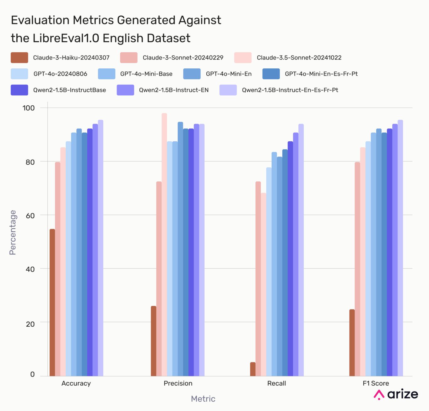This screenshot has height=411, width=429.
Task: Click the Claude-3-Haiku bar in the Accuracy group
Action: (x=52, y=302)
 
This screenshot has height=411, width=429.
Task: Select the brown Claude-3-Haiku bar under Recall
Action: (x=253, y=369)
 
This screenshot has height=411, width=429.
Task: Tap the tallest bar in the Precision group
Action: (x=164, y=245)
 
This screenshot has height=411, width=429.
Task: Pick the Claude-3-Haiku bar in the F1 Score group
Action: (x=352, y=342)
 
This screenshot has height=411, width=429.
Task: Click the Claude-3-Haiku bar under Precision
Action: (x=154, y=341)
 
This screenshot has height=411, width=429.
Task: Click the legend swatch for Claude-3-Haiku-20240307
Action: (x=19, y=58)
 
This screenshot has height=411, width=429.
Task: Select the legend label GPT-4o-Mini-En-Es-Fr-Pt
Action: (x=321, y=74)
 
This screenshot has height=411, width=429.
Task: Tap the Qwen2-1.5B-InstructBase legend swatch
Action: (x=19, y=90)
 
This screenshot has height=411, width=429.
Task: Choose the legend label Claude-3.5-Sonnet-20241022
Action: (x=299, y=58)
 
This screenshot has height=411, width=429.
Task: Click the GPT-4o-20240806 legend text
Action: (x=60, y=74)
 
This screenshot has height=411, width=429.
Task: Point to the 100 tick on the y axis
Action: (x=29, y=108)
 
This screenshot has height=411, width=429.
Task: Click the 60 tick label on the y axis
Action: (x=30, y=216)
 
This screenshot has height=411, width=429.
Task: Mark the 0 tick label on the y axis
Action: (x=32, y=374)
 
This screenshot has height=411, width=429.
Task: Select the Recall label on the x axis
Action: (x=276, y=383)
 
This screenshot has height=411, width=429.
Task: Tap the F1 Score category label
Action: (x=376, y=383)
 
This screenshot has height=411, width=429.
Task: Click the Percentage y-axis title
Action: (x=13, y=232)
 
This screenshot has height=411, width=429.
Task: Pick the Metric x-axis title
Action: (x=203, y=399)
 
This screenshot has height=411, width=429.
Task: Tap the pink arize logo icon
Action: (x=379, y=395)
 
